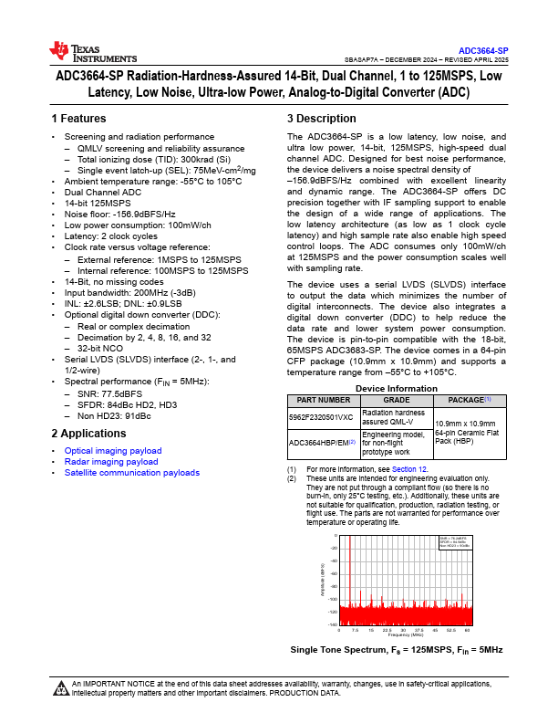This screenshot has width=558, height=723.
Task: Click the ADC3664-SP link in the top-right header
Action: pyautogui.click(x=483, y=50)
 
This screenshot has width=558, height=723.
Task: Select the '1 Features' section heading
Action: pyautogui.click(x=79, y=119)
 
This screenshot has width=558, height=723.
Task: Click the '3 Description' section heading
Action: pyautogui.click(x=322, y=119)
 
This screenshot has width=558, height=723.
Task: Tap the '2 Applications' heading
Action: pyautogui.click(x=88, y=433)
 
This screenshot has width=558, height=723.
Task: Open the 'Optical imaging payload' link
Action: pyautogui.click(x=113, y=451)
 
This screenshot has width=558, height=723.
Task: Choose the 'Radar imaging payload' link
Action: pyautogui.click(x=111, y=462)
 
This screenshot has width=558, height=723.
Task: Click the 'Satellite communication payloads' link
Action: pyautogui.click(x=132, y=473)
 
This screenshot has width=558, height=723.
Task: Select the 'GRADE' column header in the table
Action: pyautogui.click(x=396, y=400)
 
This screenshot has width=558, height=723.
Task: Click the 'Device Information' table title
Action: pyautogui.click(x=395, y=388)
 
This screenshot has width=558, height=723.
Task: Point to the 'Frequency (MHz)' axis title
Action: pyautogui.click(x=403, y=634)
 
